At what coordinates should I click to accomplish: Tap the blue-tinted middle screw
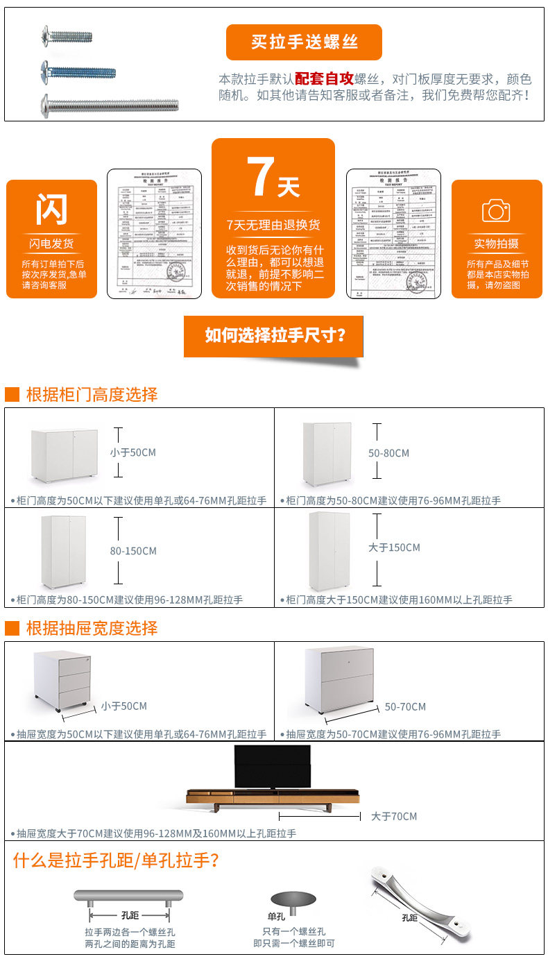78,71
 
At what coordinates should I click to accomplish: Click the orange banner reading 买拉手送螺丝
304,42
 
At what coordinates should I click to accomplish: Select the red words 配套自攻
324,78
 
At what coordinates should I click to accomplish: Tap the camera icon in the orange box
496,210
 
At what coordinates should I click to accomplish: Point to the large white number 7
261,178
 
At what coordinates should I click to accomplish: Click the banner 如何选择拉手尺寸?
274,336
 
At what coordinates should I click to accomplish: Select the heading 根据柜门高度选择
92,395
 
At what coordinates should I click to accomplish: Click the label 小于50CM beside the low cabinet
132,452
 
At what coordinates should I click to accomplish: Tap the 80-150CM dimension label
132,551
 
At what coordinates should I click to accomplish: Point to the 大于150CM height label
394,547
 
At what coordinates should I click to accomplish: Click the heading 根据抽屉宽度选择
92,628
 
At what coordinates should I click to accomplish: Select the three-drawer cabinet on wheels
62,681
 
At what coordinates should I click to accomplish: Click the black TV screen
273,767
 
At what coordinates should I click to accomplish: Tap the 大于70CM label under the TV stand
394,816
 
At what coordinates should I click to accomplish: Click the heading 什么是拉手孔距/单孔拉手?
117,861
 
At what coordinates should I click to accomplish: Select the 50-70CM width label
405,706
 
